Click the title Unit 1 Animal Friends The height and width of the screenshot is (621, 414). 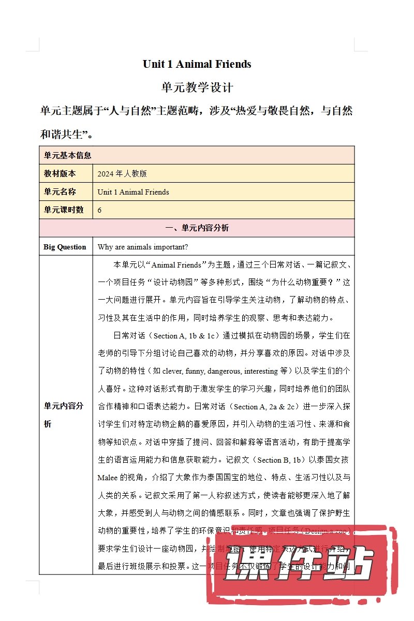pyautogui.click(x=197, y=64)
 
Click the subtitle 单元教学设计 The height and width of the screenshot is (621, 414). pyautogui.click(x=197, y=87)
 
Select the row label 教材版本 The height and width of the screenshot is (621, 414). pyautogui.click(x=60, y=173)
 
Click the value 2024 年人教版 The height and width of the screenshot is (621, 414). pyautogui.click(x=122, y=173)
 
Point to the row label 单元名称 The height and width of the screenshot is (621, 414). pyautogui.click(x=60, y=192)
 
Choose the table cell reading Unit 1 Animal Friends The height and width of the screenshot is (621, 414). pyautogui.click(x=133, y=192)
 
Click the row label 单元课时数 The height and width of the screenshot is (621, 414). pyautogui.click(x=63, y=210)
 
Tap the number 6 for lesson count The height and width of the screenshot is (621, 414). pyautogui.click(x=99, y=210)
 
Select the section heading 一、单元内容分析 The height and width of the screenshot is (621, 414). pyautogui.click(x=197, y=228)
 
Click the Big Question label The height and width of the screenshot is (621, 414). pyautogui.click(x=65, y=247)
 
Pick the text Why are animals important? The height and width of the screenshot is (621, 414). pyautogui.click(x=142, y=247)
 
